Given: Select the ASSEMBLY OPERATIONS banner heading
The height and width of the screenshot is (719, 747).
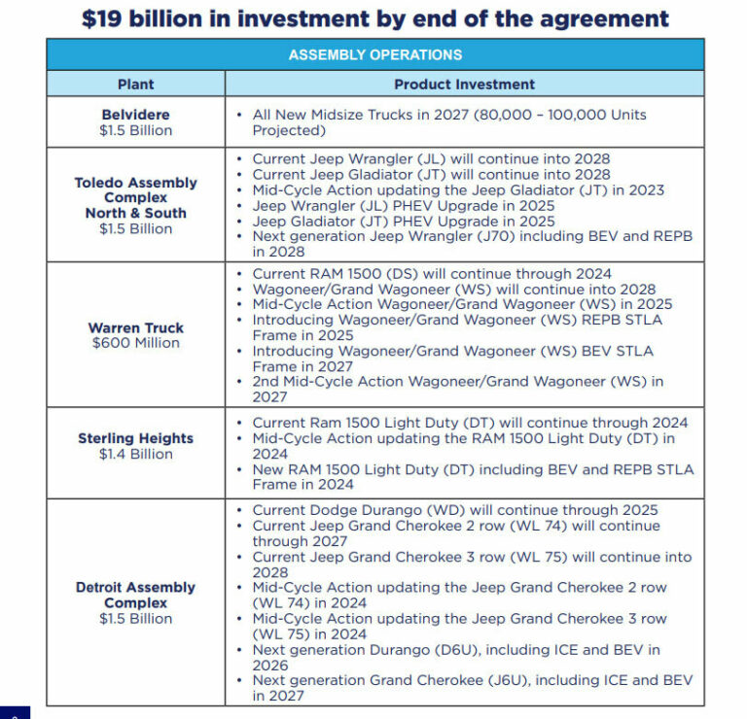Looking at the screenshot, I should [374, 54].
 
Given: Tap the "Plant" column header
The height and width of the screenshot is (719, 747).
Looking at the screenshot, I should [135, 85].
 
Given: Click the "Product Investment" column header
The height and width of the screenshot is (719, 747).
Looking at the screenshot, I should [464, 85].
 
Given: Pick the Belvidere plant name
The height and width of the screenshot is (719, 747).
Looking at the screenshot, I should [135, 115].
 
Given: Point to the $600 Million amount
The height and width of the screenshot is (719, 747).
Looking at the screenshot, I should [135, 343].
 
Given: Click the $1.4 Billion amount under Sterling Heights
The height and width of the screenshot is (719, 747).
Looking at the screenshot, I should [135, 454].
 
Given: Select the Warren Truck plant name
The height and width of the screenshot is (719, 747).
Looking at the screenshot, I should [135, 327].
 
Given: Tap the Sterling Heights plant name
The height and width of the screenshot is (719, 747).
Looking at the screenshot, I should [135, 438].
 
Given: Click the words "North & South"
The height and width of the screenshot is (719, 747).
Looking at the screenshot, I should [135, 213].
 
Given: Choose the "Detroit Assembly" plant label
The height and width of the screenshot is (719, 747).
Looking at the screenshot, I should [135, 587].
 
